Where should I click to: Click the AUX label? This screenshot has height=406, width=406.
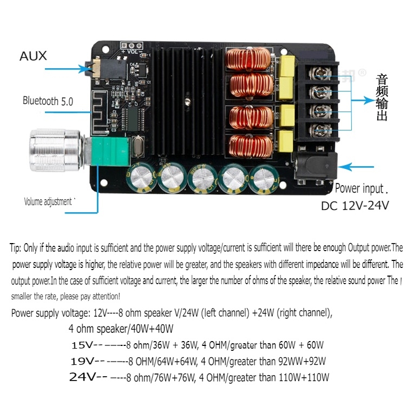(33, 56)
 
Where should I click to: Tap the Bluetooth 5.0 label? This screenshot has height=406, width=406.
(48, 101)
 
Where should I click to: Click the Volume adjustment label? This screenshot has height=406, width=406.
(48, 201)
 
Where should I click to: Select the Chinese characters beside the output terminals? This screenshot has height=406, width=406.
(382, 98)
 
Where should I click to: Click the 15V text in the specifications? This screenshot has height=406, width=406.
(82, 345)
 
